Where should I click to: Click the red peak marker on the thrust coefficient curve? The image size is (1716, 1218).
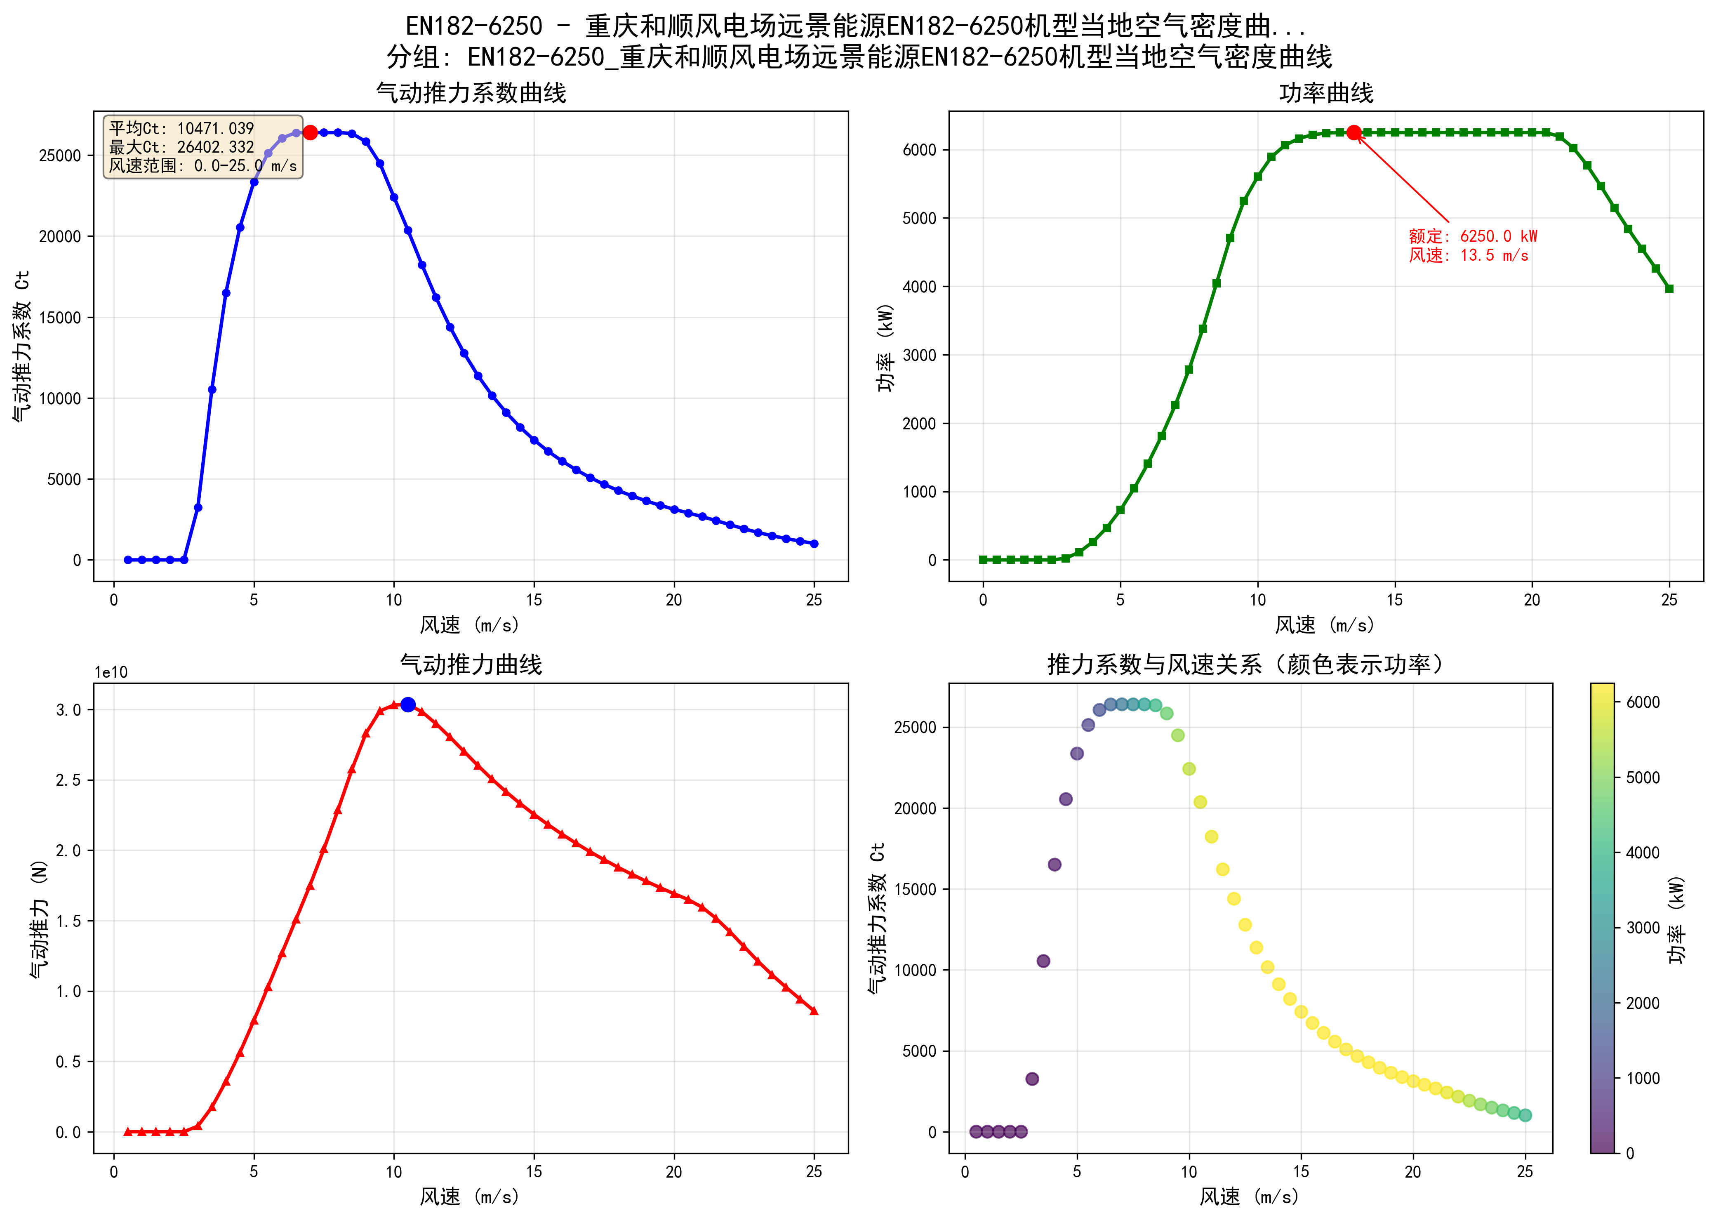coord(310,133)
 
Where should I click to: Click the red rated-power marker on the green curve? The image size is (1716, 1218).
coord(1353,133)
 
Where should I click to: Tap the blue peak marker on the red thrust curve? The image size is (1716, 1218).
coord(408,704)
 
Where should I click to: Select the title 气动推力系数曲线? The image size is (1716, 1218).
coord(471,93)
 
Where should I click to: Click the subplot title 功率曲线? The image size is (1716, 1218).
coord(1325,93)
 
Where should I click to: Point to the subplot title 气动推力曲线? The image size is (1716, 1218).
coord(471,664)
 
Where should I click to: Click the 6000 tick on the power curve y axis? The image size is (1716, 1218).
coord(919,150)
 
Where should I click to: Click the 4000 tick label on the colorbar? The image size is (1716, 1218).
coord(1643,853)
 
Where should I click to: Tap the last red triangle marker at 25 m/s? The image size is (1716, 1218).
coord(814,1011)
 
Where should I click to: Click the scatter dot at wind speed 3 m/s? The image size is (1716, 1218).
coord(1031,1079)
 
